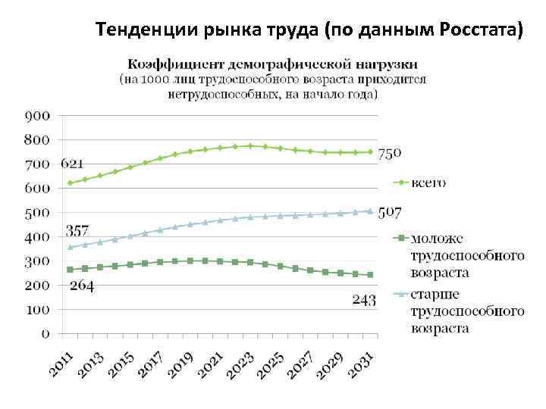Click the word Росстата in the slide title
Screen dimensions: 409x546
[x=481, y=30]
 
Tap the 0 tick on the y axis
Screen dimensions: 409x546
[x=46, y=333]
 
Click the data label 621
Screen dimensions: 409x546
[x=73, y=164]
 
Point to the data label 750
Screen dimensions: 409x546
[x=390, y=154]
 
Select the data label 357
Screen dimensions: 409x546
[x=77, y=230]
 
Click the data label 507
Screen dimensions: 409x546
[x=390, y=212]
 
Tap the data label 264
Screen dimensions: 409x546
[x=82, y=286]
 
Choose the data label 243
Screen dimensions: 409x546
[x=364, y=301]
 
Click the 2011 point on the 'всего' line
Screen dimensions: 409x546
[x=70, y=183]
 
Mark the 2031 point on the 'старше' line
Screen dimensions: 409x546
[x=371, y=211]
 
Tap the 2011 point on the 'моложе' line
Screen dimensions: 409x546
[x=70, y=270]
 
